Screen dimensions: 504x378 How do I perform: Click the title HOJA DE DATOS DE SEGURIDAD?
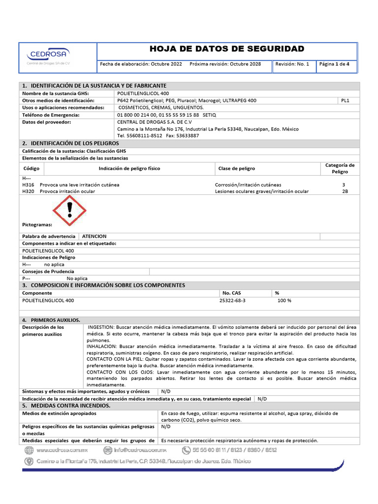pyautogui.click(x=226, y=49)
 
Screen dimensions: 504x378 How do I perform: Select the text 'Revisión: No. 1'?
pyautogui.click(x=292, y=64)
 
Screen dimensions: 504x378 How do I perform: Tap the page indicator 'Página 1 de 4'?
pyautogui.click(x=334, y=64)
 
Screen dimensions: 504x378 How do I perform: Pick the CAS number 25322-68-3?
pyautogui.click(x=234, y=300)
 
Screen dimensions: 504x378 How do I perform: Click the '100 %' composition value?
pyautogui.click(x=284, y=300)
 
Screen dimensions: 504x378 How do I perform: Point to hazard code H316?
pyautogui.click(x=28, y=185)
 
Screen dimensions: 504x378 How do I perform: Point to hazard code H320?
pyautogui.click(x=28, y=191)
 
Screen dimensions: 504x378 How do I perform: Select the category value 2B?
pyautogui.click(x=345, y=191)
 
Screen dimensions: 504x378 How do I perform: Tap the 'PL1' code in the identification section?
pyautogui.click(x=345, y=100)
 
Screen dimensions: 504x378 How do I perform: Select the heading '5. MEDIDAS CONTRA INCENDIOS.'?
pyautogui.click(x=66, y=406)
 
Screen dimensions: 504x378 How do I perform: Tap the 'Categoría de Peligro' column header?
pyautogui.click(x=340, y=168)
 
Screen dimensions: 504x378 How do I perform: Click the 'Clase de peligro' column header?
pyautogui.click(x=236, y=168)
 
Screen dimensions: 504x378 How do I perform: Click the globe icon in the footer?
pyautogui.click(x=29, y=450)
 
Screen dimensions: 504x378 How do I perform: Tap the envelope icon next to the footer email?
pyautogui.click(x=107, y=450)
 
